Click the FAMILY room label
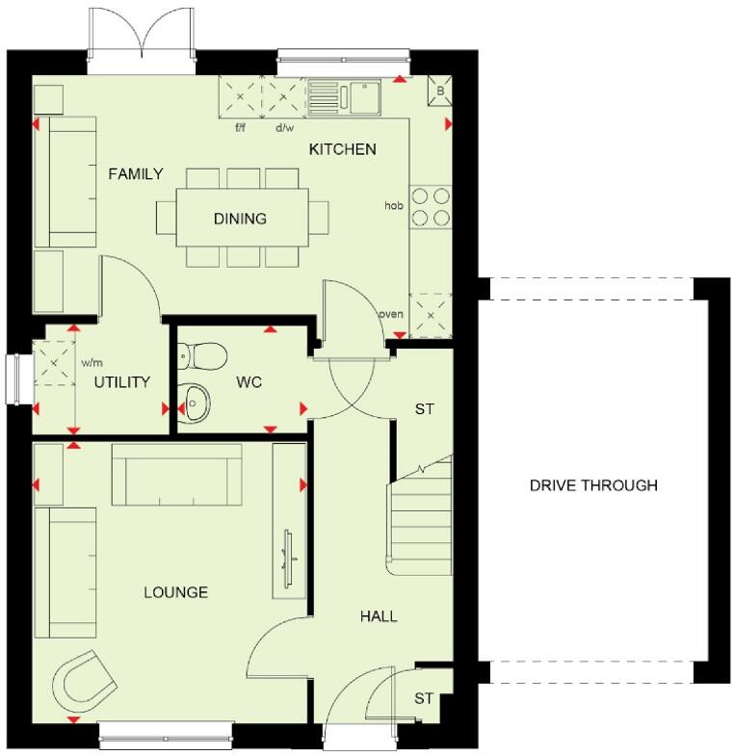[x=135, y=174]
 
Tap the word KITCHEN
[x=342, y=149]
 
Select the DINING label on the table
[x=241, y=219]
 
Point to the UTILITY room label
[x=121, y=382]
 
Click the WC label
[x=249, y=382]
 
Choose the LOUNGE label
[x=176, y=592]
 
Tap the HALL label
[x=379, y=616]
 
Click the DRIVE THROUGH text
[x=593, y=485]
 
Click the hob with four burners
[x=431, y=207]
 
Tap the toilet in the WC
[x=201, y=356]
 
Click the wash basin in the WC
[x=196, y=402]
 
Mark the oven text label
[x=390, y=314]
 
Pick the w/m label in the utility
[x=92, y=363]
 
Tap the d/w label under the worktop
[x=284, y=127]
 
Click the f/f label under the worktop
[x=241, y=127]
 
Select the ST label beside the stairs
[x=424, y=409]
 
